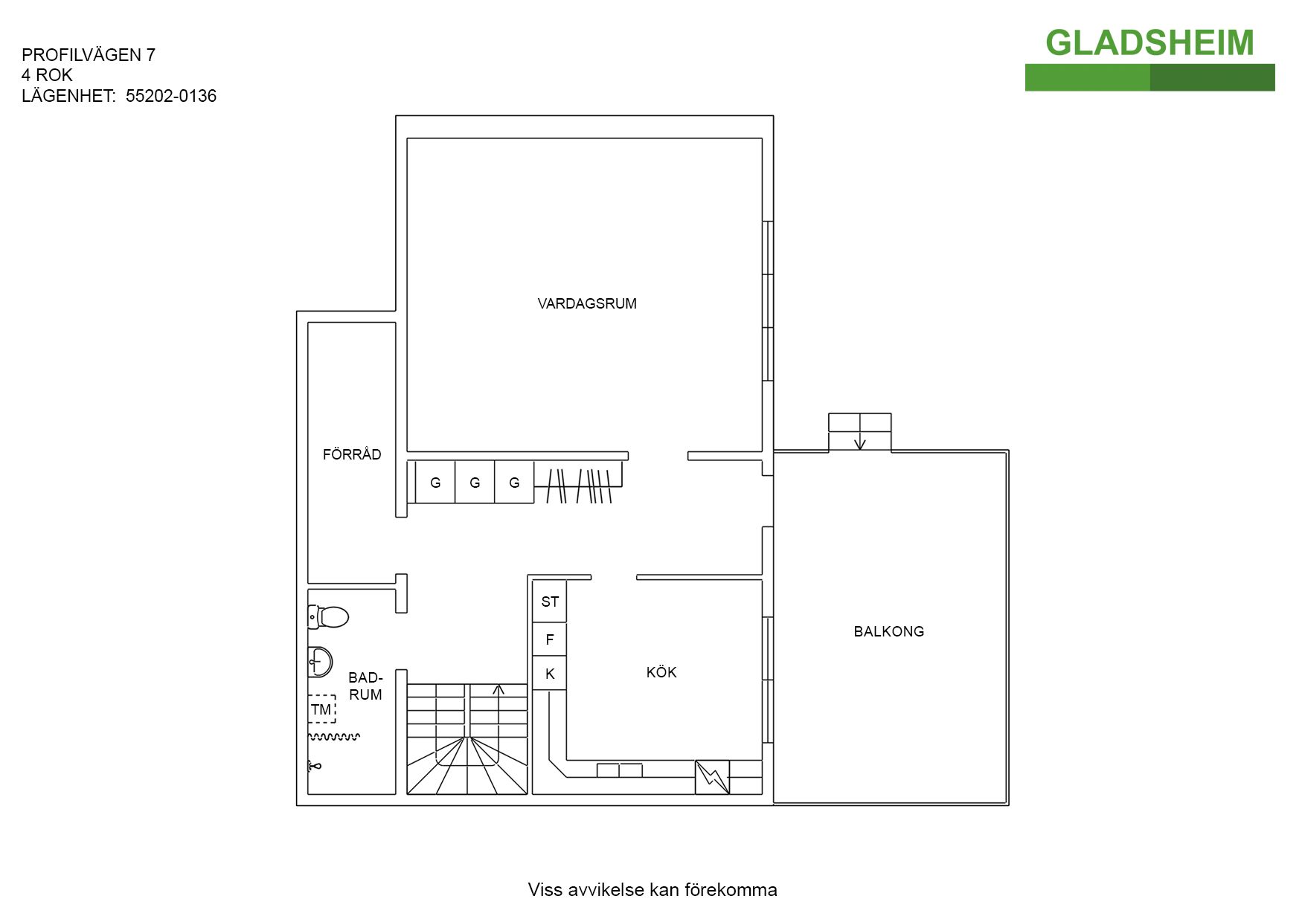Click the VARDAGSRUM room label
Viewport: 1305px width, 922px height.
click(x=587, y=303)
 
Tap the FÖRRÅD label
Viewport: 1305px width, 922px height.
click(x=352, y=454)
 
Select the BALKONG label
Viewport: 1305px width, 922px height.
click(x=889, y=631)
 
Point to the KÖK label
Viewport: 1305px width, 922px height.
click(x=661, y=671)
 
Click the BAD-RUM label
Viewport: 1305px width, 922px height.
click(x=365, y=686)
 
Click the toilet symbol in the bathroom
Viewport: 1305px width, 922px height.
click(x=328, y=616)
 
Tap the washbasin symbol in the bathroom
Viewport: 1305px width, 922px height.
click(x=320, y=661)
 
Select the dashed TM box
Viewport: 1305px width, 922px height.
click(x=321, y=709)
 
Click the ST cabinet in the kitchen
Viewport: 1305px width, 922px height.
click(x=550, y=602)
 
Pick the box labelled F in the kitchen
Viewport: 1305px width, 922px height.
click(x=550, y=639)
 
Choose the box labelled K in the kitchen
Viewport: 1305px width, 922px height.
click(x=550, y=674)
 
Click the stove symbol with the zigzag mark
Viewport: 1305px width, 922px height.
click(x=713, y=778)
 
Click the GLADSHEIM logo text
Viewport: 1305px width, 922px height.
click(x=1150, y=42)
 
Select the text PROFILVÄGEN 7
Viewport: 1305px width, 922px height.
click(x=89, y=55)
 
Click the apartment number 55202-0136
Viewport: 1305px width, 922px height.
click(x=171, y=96)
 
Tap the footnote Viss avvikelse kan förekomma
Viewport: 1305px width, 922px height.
click(x=652, y=890)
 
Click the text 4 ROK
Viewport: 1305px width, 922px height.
click(x=47, y=75)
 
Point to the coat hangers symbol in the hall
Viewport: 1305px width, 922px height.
click(x=579, y=486)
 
